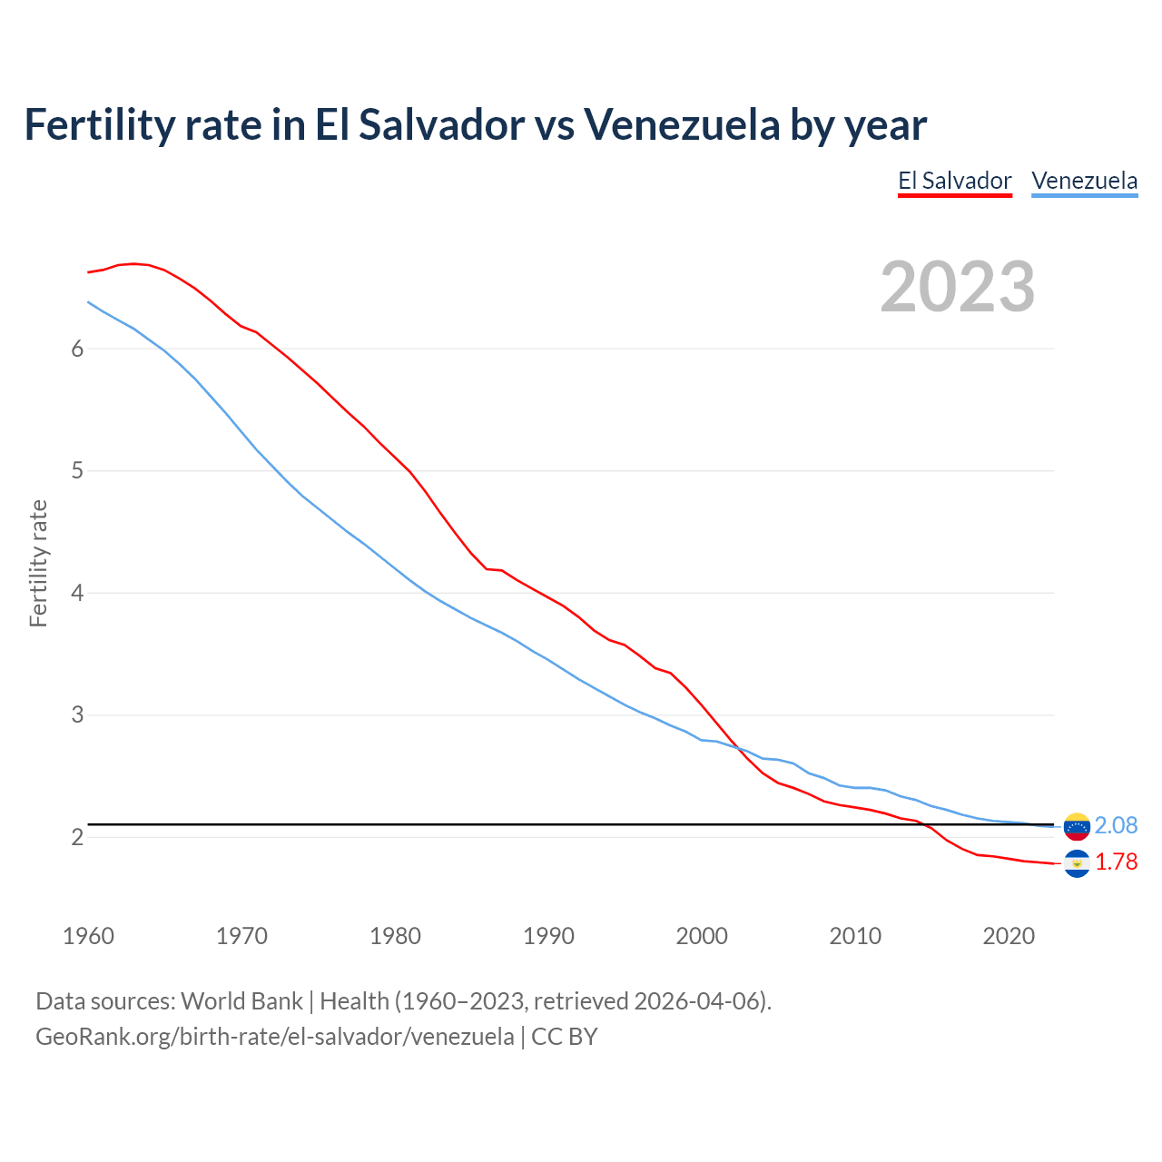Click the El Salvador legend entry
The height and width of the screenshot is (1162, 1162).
point(954,181)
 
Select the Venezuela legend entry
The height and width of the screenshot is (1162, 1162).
point(1084,181)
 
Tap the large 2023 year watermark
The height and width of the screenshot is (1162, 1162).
point(957,287)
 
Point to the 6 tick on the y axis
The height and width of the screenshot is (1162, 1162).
point(77,350)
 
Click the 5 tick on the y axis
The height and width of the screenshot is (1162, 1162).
point(77,471)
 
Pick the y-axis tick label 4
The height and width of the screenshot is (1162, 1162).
point(77,594)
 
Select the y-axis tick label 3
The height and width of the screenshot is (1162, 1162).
point(77,715)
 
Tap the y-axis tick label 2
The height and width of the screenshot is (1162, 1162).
point(77,837)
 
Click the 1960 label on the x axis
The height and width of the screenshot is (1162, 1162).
point(88,936)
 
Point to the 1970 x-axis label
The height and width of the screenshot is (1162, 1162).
point(241,936)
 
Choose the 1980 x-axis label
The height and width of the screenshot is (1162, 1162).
point(395,936)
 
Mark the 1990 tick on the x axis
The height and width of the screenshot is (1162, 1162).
point(548,936)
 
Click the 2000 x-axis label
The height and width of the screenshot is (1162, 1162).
point(702,936)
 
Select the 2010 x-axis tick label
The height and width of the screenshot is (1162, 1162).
point(855,936)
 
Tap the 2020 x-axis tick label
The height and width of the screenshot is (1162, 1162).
point(1009,936)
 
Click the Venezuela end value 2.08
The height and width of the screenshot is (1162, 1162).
point(1116,825)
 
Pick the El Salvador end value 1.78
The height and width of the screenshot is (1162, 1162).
point(1116,862)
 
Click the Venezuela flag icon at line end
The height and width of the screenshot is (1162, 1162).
point(1077,826)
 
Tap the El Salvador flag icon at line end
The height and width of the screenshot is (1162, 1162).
point(1077,863)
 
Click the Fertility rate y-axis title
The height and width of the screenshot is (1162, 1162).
point(38,563)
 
